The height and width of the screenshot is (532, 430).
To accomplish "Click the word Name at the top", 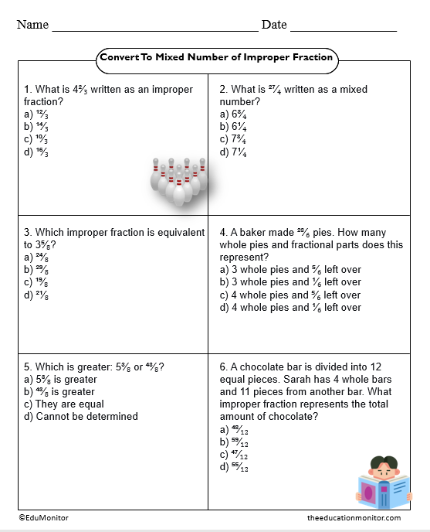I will click(x=32, y=25).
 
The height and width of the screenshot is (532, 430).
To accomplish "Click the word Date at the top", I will click(x=274, y=25).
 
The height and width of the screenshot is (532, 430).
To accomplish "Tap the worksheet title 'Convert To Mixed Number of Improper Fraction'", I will click(x=216, y=57).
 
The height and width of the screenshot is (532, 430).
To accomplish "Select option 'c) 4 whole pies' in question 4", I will click(x=289, y=295).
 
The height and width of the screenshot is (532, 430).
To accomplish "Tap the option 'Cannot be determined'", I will click(x=80, y=416).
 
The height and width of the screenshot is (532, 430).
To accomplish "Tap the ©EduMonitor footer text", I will click(x=42, y=517).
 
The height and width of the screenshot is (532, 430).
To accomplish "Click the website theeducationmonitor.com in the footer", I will click(x=353, y=517).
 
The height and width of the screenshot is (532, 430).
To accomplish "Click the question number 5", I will click(x=28, y=367).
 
